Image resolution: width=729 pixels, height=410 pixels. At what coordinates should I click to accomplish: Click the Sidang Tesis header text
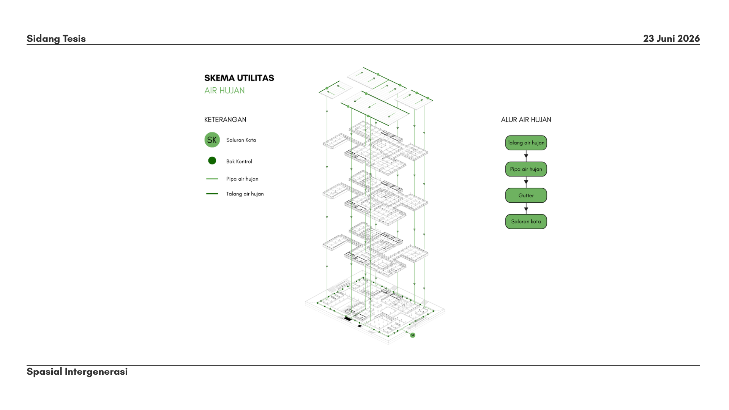click(56, 38)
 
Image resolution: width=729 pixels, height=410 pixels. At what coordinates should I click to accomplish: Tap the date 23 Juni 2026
click(671, 38)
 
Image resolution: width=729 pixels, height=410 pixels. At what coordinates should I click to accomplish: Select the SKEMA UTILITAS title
click(239, 78)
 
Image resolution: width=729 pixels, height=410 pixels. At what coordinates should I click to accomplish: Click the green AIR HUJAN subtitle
click(224, 90)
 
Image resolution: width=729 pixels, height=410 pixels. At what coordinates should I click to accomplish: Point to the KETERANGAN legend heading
click(225, 120)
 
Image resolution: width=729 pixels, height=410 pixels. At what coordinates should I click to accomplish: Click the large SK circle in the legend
click(212, 140)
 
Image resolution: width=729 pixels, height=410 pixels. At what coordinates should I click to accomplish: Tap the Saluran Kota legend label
click(241, 140)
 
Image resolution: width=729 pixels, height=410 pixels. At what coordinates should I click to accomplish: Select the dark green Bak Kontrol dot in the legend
click(212, 161)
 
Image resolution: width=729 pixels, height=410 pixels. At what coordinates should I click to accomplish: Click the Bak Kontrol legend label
click(239, 161)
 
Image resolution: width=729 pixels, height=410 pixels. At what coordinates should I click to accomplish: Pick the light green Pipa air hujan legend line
click(212, 178)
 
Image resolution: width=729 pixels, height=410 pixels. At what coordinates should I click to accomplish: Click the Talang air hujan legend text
click(245, 194)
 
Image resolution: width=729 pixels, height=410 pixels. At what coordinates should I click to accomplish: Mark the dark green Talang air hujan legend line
click(212, 194)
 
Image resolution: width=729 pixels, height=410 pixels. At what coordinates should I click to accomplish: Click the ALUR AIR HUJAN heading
click(526, 120)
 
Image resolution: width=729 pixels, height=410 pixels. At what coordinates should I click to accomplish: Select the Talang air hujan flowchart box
click(526, 143)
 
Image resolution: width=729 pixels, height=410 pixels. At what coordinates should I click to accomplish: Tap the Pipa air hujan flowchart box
click(526, 169)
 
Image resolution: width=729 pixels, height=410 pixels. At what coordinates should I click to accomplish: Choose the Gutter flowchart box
click(526, 195)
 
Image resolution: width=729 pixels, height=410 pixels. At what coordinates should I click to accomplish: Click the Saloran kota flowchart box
click(526, 221)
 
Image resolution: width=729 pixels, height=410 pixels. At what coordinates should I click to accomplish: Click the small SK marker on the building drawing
click(413, 335)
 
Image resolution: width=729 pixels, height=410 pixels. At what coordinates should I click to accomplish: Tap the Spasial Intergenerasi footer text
click(77, 372)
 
